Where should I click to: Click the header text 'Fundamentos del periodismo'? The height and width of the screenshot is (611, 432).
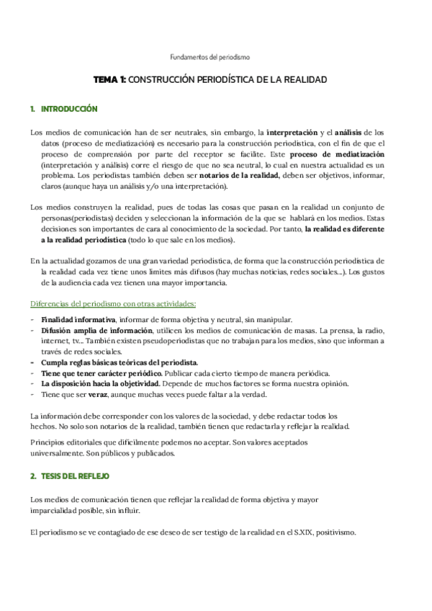click(210, 56)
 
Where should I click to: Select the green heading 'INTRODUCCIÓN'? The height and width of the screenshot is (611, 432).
click(69, 110)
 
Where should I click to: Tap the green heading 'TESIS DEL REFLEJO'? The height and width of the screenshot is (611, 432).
click(75, 477)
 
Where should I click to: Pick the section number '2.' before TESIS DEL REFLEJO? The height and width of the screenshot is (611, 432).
click(33, 477)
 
